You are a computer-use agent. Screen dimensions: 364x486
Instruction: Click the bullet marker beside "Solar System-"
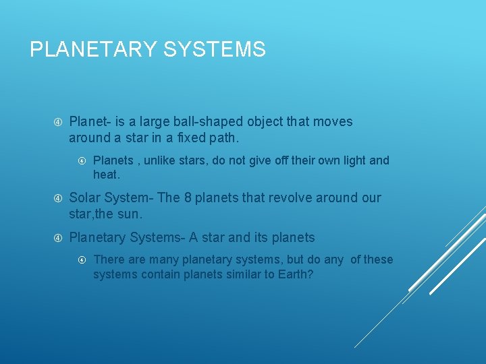[x=58, y=198]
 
